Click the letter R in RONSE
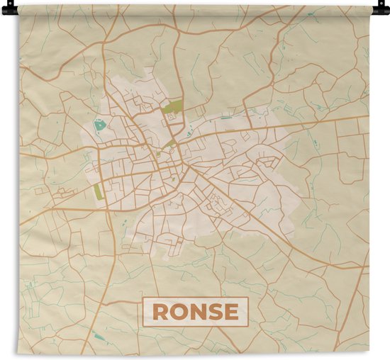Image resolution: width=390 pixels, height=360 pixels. click(x=160, y=313)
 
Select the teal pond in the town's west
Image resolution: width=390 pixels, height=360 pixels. click(x=99, y=125)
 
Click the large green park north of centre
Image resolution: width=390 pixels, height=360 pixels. click(x=172, y=108)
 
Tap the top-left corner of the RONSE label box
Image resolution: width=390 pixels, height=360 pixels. click(x=144, y=298)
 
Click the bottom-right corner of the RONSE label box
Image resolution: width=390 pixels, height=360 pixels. click(x=248, y=326)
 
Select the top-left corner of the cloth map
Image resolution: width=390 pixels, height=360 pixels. click(x=19, y=6)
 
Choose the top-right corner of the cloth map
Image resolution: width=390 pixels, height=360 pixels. click(x=370, y=6)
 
